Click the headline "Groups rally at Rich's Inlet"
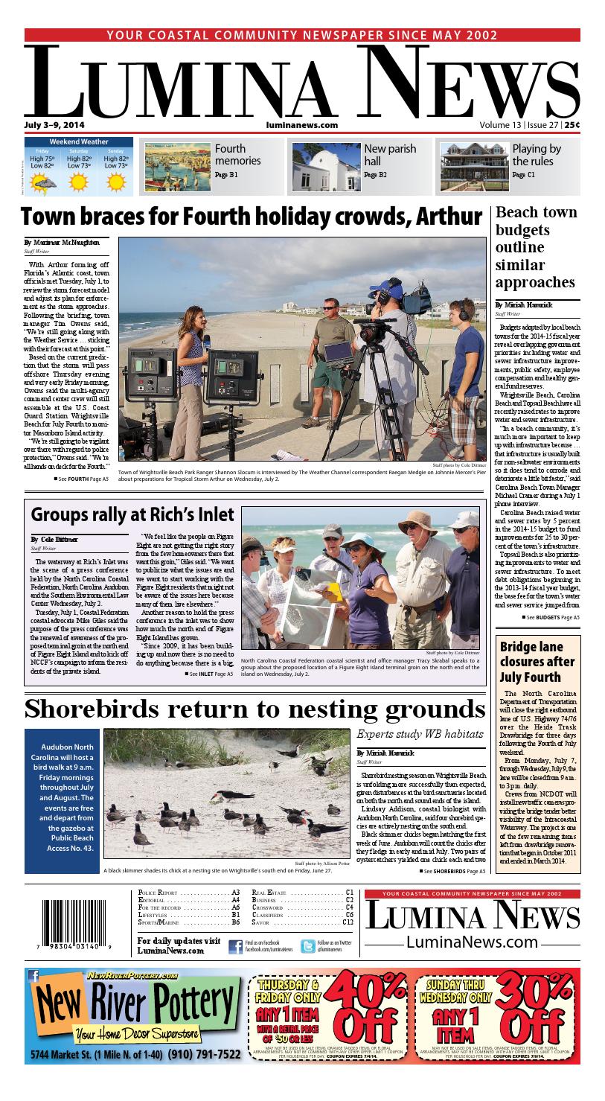pos(132,514)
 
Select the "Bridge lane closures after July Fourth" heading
pos(537,662)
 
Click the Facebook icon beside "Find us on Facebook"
pos(235,946)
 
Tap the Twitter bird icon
pos(307,946)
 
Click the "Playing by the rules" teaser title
pos(537,155)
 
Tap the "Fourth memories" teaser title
pos(237,155)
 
